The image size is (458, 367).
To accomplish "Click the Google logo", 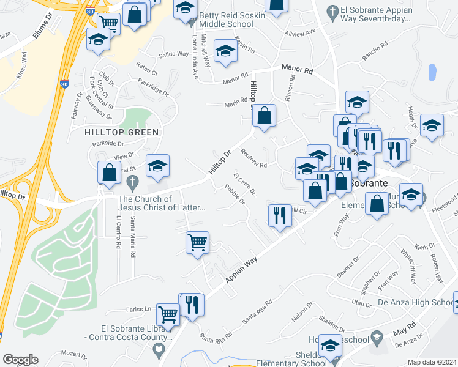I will (20, 360).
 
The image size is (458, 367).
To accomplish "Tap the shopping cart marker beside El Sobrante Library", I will (168, 314).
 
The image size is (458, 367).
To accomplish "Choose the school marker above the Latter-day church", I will (157, 165).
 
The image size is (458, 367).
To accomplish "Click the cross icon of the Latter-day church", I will (130, 182).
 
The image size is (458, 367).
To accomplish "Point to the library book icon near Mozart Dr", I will (159, 350).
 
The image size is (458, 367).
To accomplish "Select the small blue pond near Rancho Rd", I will (433, 72).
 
